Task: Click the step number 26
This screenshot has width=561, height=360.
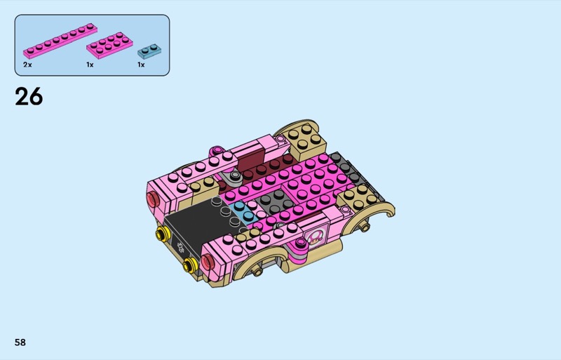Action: point(29,97)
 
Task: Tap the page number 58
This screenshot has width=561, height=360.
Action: point(20,342)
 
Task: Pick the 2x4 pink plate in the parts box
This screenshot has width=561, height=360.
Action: point(109,45)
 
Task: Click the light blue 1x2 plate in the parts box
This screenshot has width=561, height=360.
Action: point(149,52)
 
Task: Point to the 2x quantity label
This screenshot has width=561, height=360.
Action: point(27,65)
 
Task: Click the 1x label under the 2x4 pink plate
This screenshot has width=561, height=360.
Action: point(90,65)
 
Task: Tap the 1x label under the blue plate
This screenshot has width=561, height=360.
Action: point(141,65)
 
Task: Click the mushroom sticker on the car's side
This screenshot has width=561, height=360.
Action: point(315,236)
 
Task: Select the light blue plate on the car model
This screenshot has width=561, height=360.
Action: point(242,211)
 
